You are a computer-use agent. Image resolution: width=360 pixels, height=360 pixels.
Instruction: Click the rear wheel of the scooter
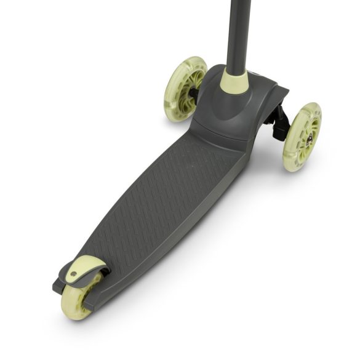[x=80, y=296]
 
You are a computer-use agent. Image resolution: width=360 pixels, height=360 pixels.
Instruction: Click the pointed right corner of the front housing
[x=286, y=90]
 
